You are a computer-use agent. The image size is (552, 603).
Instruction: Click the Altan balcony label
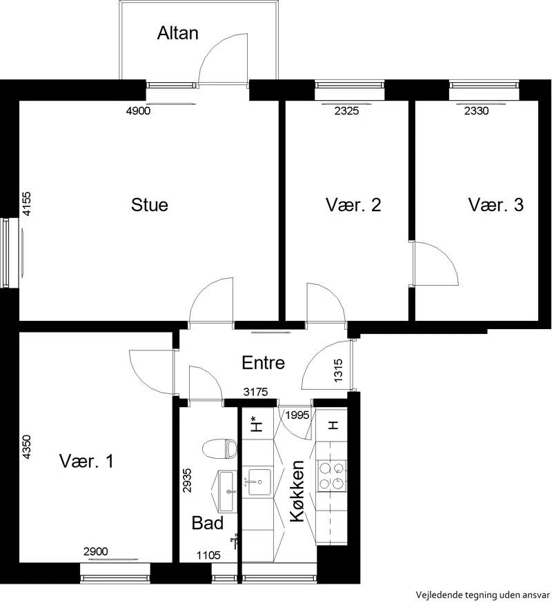click(x=178, y=33)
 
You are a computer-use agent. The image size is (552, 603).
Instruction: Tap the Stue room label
click(x=150, y=205)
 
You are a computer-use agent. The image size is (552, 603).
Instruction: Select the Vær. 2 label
click(x=353, y=205)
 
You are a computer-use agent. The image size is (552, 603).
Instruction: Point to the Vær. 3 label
click(x=496, y=205)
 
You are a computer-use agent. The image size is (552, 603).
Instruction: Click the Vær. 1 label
click(x=86, y=461)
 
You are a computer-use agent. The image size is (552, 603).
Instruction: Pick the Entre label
click(x=264, y=363)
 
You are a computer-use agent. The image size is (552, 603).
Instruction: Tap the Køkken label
click(x=297, y=491)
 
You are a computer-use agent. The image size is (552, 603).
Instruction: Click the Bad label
click(x=207, y=523)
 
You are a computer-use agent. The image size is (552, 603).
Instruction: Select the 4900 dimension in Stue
click(x=139, y=111)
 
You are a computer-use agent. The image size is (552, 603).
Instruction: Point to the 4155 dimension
click(x=26, y=204)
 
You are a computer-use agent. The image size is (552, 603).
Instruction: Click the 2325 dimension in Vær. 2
click(x=346, y=111)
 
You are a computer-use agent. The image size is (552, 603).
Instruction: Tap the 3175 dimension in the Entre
click(x=256, y=392)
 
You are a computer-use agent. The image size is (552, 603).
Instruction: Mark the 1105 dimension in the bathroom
click(x=208, y=555)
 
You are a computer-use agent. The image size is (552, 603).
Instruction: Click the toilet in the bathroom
click(x=219, y=448)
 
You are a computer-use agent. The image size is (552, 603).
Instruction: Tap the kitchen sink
click(x=259, y=482)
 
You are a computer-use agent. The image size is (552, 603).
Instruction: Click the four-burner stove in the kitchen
click(x=332, y=476)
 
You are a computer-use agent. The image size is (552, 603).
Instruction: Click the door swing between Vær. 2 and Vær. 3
click(x=436, y=264)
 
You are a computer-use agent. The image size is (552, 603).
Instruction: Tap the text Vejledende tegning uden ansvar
click(x=483, y=595)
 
